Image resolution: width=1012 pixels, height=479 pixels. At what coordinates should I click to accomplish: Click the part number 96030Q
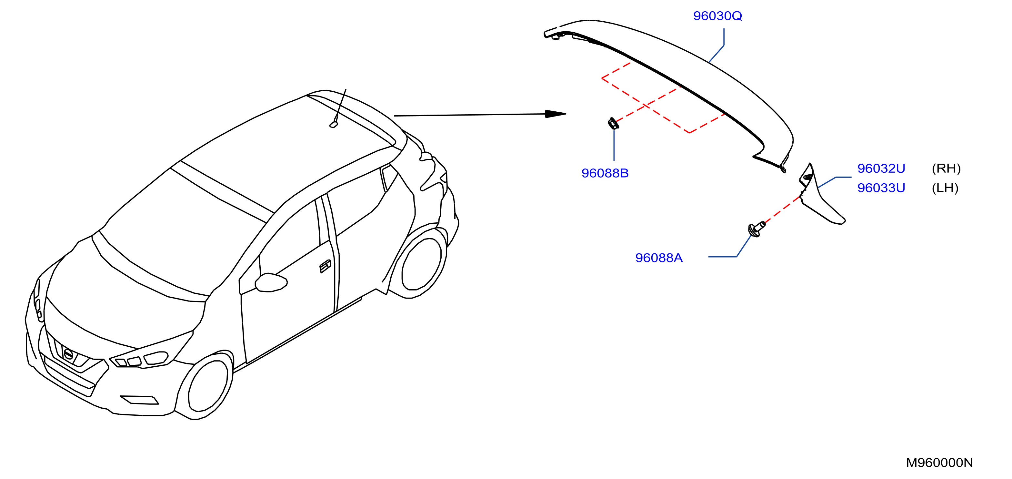(717, 16)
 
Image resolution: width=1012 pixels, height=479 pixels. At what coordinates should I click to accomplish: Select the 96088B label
(605, 173)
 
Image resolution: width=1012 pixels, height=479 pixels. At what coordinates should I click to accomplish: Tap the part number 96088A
(659, 258)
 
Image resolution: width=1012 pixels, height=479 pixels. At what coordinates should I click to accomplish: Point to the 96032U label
(881, 168)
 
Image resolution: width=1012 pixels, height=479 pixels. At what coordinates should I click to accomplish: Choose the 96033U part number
(881, 188)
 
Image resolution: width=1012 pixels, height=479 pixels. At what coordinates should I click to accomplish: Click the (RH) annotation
(946, 168)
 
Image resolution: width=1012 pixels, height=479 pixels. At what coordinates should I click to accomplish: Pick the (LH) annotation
(945, 188)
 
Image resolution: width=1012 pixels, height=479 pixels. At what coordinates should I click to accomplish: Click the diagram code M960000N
(939, 463)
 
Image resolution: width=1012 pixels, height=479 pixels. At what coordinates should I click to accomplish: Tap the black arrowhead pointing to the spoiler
(556, 114)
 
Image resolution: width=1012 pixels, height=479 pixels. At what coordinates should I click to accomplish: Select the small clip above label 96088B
(613, 123)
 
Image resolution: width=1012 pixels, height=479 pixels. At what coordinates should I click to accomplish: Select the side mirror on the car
(271, 282)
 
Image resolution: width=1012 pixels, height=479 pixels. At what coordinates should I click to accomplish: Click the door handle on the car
(325, 266)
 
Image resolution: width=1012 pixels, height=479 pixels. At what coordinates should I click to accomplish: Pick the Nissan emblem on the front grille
(68, 354)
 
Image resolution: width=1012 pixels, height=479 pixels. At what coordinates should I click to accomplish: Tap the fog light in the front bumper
(139, 400)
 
